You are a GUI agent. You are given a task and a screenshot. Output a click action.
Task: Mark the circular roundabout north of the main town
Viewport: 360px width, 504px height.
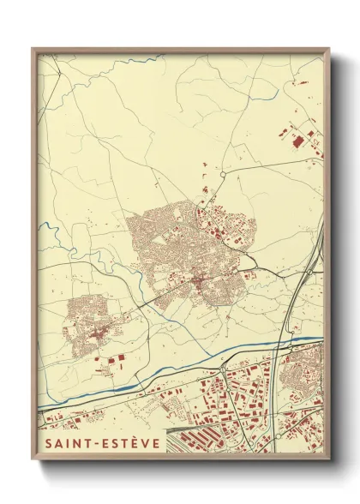[x=223, y=174]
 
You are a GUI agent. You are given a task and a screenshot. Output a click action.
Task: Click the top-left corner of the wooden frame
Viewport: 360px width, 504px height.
[x=33, y=49]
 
